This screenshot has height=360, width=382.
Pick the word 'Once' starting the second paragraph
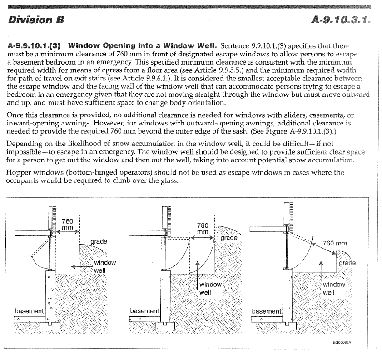tap(16, 116)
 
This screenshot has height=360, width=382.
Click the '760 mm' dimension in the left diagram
tap(67, 225)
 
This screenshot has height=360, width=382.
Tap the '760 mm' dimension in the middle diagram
tap(203, 229)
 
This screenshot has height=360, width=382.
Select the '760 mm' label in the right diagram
tap(334, 243)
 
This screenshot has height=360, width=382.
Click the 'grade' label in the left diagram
tap(99, 241)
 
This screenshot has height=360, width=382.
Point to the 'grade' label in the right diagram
tap(347, 263)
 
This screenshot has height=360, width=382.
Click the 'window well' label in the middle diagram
tap(210, 288)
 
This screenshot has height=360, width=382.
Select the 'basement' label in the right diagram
tap(266, 311)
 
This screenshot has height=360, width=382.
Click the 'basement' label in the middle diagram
tap(144, 311)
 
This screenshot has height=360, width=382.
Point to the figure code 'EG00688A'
tap(344, 344)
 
